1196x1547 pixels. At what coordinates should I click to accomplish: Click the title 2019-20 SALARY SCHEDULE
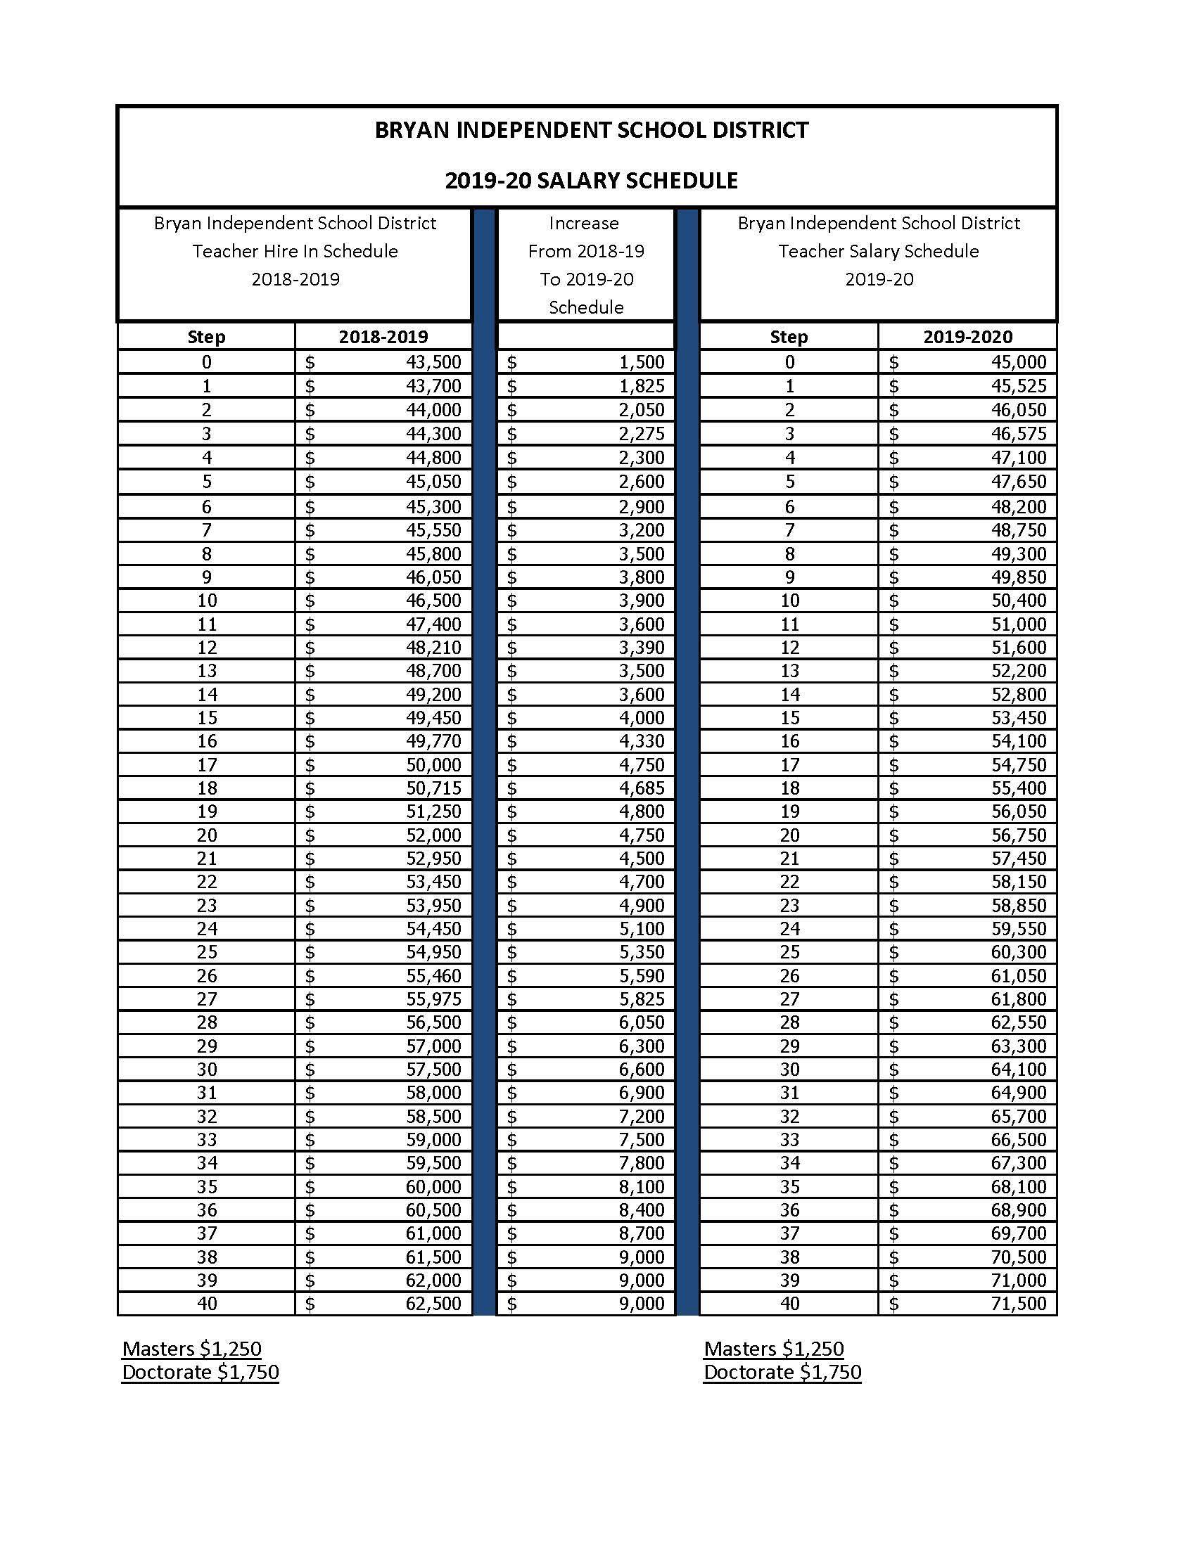point(591,181)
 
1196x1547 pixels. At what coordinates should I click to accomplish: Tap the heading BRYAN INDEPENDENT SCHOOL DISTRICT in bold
point(591,130)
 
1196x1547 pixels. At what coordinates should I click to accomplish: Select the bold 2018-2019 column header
point(383,336)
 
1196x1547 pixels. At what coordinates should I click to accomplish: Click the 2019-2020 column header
point(967,336)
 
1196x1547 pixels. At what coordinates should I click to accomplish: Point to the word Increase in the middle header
point(584,224)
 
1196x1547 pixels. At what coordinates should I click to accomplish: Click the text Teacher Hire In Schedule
point(295,252)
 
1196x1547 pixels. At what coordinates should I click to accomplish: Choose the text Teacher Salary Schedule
point(878,252)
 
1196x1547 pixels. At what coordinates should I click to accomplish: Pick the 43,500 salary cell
point(433,362)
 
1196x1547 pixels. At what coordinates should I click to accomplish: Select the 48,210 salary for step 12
point(433,648)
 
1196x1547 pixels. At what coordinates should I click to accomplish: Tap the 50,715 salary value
point(433,788)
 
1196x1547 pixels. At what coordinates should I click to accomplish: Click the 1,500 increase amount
point(641,362)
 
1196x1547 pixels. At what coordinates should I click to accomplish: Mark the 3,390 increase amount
point(641,648)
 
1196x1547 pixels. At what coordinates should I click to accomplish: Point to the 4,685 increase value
point(641,788)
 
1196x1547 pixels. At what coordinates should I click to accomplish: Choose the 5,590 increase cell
point(641,975)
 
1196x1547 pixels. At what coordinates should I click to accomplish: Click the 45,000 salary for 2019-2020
point(1018,362)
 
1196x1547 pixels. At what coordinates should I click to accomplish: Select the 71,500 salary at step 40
point(1018,1303)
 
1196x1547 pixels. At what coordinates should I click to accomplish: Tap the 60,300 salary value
point(1018,952)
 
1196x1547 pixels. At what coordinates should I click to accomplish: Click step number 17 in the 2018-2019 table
point(206,765)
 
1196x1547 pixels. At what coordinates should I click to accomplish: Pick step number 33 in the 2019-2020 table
point(789,1140)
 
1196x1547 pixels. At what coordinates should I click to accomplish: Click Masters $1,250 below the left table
point(192,1349)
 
